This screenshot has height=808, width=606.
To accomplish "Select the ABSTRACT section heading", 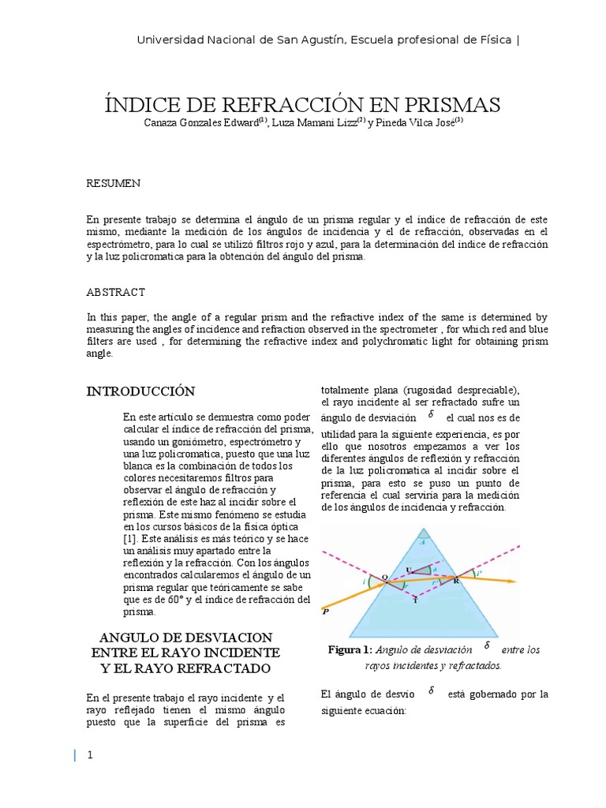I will pyautogui.click(x=115, y=292).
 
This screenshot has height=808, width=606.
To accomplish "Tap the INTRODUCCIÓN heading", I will pyautogui.click(x=140, y=391).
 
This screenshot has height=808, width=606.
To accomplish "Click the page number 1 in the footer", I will pyautogui.click(x=90, y=755).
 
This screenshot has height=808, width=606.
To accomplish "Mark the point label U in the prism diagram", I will pyautogui.click(x=409, y=569).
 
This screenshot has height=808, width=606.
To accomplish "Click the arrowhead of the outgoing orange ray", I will pyautogui.click(x=512, y=582).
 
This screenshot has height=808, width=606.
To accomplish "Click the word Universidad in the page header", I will pyautogui.click(x=168, y=40).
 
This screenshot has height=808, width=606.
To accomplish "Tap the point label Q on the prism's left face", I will pyautogui.click(x=384, y=578).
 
